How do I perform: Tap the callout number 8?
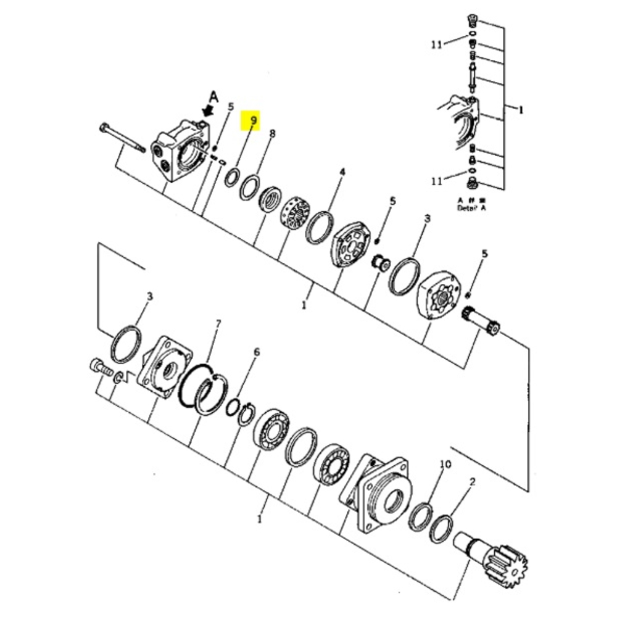pos(272,133)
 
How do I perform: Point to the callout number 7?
pos(217,324)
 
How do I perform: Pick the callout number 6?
pos(257,352)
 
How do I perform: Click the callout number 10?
pos(445,464)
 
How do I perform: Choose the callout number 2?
pos(472,481)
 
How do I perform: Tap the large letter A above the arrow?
pos(213,96)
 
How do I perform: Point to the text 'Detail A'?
pos(472,209)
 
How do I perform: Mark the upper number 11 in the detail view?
pos(437,44)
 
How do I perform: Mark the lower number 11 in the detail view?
pos(437,181)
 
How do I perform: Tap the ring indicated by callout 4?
pos(321,227)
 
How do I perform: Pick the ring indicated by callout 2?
pos(441,528)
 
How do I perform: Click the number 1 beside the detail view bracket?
pos(521,110)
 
